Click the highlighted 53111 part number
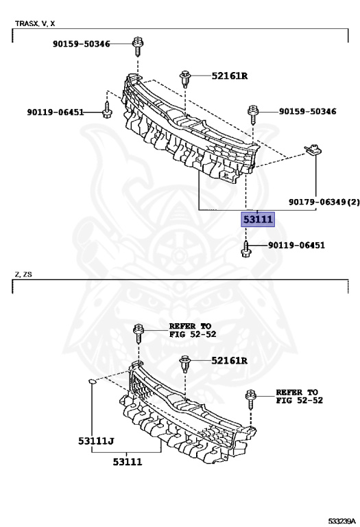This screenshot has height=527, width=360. tap(258, 220)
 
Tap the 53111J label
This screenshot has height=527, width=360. tap(96, 441)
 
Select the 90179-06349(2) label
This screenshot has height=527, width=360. tap(324, 202)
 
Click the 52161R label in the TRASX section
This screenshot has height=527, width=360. tap(229, 76)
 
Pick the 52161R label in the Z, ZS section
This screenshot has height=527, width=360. tap(229, 361)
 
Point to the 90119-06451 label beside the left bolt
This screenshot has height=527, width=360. tap(56, 112)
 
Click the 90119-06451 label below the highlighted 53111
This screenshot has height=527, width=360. tap(296, 245)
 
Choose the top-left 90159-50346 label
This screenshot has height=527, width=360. tap(82, 44)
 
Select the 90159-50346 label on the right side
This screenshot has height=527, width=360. tap(307, 111)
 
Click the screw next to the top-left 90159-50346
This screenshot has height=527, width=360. tap(138, 46)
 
